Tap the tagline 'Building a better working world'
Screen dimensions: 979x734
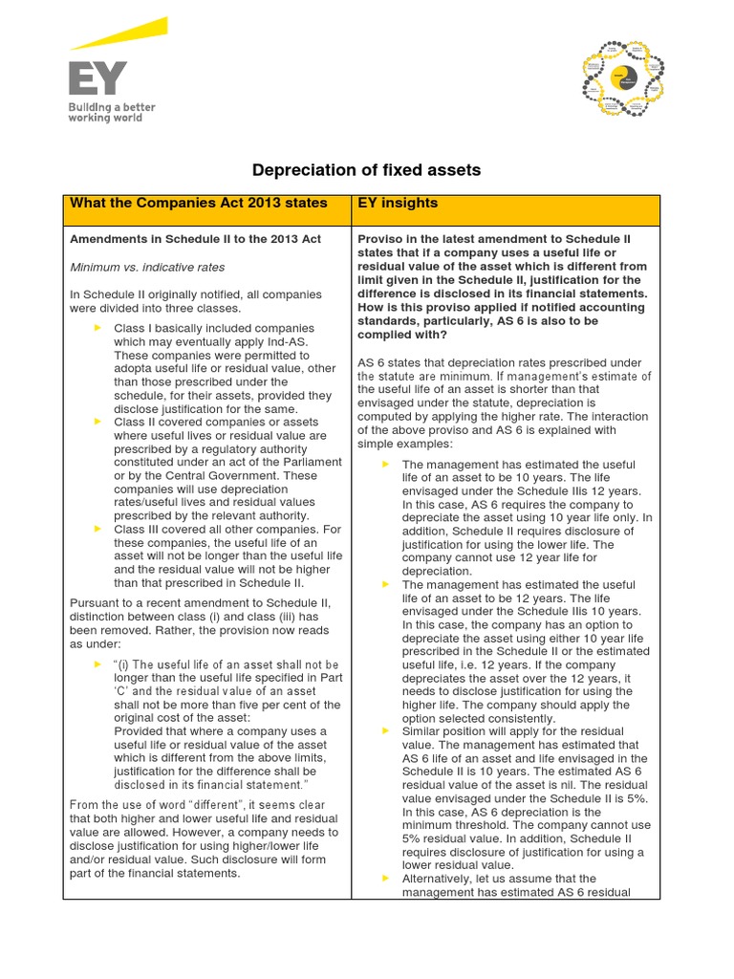click(x=111, y=113)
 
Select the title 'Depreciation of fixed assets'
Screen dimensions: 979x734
click(x=366, y=170)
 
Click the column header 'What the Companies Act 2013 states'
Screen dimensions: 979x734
click(x=199, y=203)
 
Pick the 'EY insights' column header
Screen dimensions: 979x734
click(x=398, y=203)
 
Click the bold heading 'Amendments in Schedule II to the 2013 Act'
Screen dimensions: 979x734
click(x=195, y=239)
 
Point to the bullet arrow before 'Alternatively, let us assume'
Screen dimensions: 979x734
click(x=386, y=878)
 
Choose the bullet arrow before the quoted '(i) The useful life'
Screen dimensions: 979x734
click(x=97, y=664)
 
